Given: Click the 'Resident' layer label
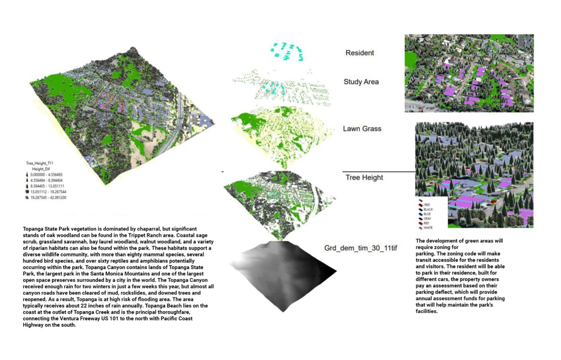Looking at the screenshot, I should [360, 53].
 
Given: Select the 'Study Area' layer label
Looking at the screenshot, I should [361, 82].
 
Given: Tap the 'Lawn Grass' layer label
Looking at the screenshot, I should [362, 129].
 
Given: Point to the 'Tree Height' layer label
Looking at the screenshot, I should [364, 177].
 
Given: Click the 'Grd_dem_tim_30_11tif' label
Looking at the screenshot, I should [361, 248].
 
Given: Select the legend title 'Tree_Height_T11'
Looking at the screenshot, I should [40, 163].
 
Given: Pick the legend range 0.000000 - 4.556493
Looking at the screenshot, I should [46, 175].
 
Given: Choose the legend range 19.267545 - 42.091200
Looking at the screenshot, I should [48, 198].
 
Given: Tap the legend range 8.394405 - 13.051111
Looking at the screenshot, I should [47, 186].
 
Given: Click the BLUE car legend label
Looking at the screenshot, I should [427, 214].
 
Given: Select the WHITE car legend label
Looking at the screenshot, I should [428, 228].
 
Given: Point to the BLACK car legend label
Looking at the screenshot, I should [428, 209].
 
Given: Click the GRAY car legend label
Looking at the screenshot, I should [427, 219].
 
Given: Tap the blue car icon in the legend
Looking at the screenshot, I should [420, 214].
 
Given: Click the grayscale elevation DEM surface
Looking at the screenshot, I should [282, 275].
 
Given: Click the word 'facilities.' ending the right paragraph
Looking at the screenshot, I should [426, 311].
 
